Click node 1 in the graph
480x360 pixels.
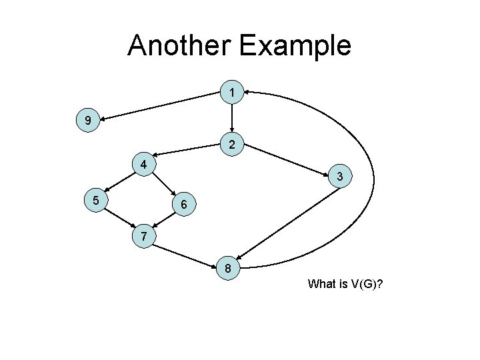[x=231, y=91]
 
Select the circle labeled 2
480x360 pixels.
[x=231, y=144]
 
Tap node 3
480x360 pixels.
[x=340, y=177]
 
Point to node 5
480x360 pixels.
[x=96, y=199]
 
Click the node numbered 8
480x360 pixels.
[x=228, y=269]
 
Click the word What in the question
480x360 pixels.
[x=322, y=285]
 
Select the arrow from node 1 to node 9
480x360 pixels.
[x=161, y=106]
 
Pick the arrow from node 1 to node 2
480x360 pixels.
[x=231, y=117]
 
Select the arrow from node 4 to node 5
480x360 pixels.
[x=119, y=182]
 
